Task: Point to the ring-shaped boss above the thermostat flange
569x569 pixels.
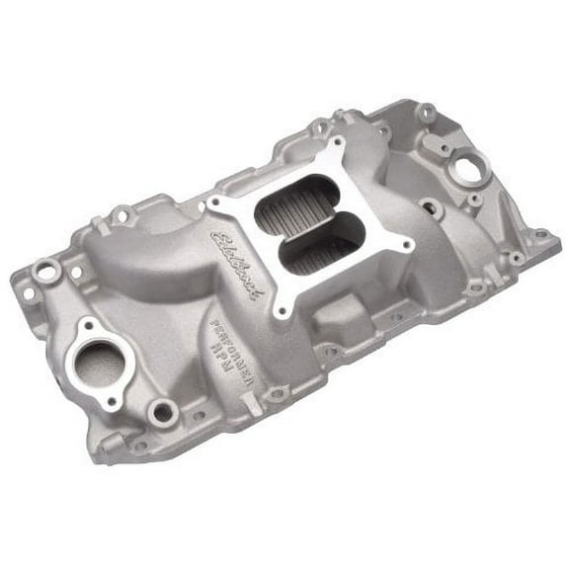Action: coord(45,268)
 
